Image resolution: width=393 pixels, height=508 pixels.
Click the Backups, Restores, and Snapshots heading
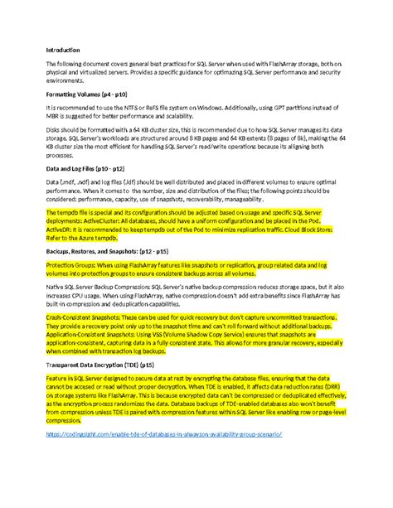coord(100,249)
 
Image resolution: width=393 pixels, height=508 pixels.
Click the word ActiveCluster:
coord(141,221)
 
